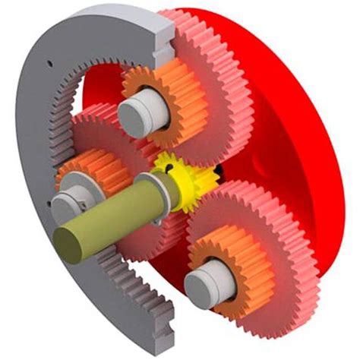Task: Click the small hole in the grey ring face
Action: [46, 64]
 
